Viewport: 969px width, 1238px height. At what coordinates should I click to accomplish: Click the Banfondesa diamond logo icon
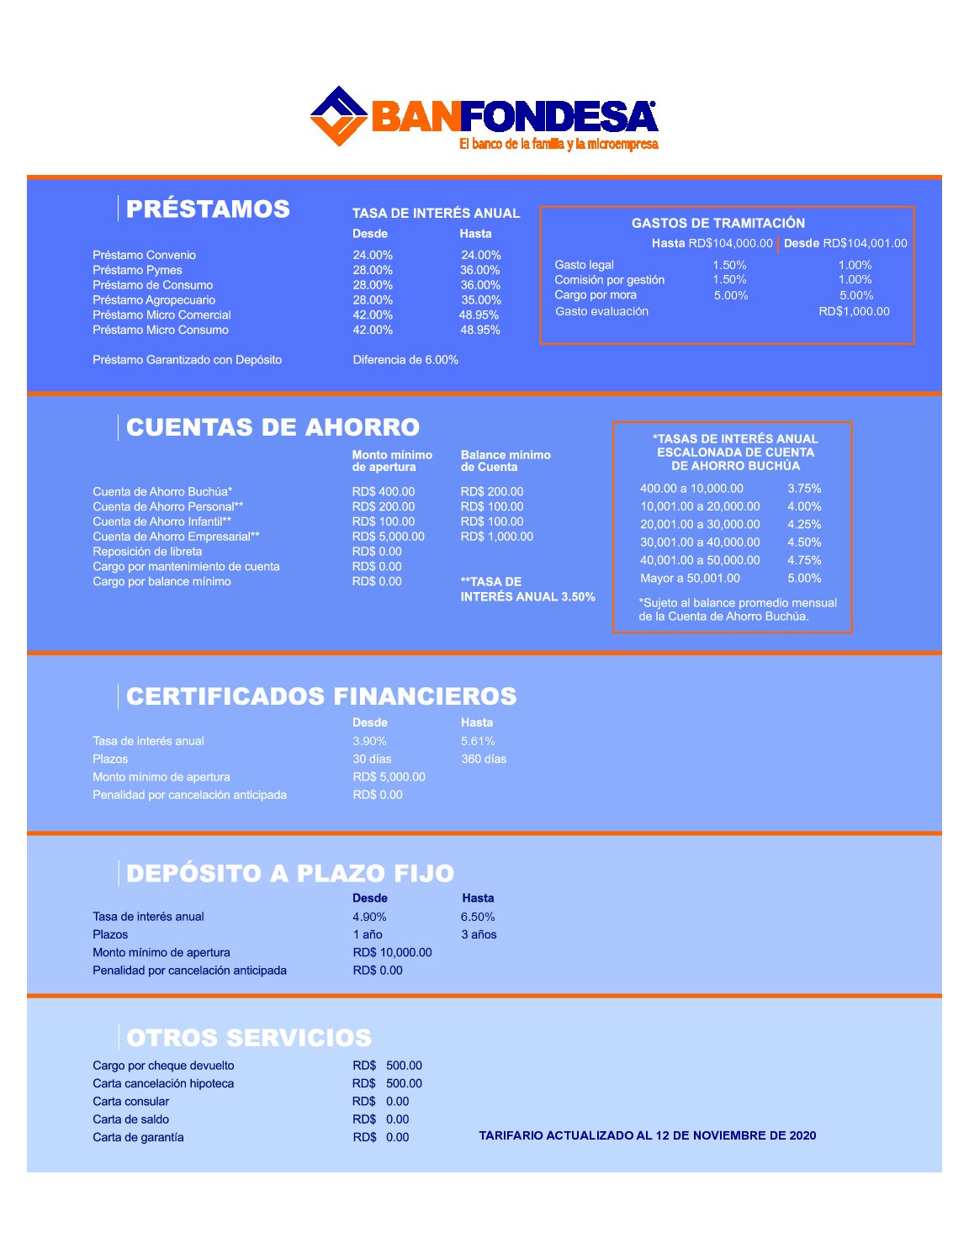point(339,116)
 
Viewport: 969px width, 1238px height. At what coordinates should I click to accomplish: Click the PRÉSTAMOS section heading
point(208,209)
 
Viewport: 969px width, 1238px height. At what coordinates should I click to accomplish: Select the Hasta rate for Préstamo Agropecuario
point(480,300)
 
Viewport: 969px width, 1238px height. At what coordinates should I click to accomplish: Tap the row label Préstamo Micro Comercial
point(161,315)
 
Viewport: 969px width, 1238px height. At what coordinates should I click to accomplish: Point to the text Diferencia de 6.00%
point(405,360)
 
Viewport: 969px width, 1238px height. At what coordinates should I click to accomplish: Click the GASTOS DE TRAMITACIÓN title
point(717,223)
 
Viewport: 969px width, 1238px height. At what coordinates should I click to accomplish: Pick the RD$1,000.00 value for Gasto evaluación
point(854,311)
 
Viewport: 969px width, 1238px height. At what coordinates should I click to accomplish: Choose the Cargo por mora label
point(596,295)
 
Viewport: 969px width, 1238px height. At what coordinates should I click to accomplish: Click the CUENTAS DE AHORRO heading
point(273,427)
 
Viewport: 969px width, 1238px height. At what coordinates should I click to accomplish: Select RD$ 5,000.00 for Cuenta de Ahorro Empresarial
point(388,537)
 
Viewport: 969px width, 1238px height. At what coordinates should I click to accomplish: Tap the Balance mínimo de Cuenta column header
point(505,461)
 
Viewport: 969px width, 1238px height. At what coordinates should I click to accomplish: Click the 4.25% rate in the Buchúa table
point(804,525)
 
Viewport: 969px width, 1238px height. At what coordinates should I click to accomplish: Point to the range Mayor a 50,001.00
point(690,579)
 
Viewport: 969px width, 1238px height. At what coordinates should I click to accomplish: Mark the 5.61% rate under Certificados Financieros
point(478,741)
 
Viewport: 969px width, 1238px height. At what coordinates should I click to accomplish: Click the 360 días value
point(484,759)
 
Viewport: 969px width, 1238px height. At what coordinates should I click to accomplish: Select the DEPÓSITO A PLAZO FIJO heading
point(289,873)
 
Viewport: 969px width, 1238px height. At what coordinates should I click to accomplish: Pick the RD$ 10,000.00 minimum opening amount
point(392,953)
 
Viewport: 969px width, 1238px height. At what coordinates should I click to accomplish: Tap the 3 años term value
point(479,934)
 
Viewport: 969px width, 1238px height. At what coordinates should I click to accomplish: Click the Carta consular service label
point(130,1102)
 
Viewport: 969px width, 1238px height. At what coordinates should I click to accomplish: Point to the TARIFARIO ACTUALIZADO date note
point(647,1135)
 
